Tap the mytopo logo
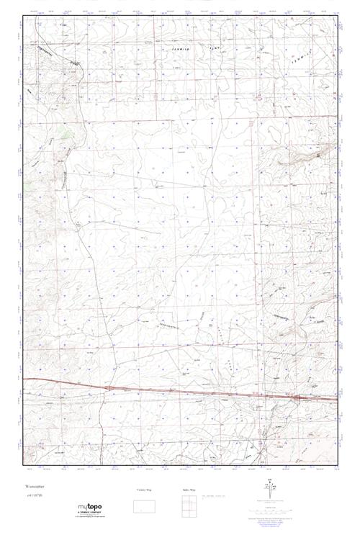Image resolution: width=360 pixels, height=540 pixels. click(89, 508)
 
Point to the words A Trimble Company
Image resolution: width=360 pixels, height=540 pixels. click(89, 514)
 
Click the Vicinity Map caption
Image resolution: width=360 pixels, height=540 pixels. click(145, 490)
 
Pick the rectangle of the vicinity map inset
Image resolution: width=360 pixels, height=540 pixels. click(145, 505)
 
